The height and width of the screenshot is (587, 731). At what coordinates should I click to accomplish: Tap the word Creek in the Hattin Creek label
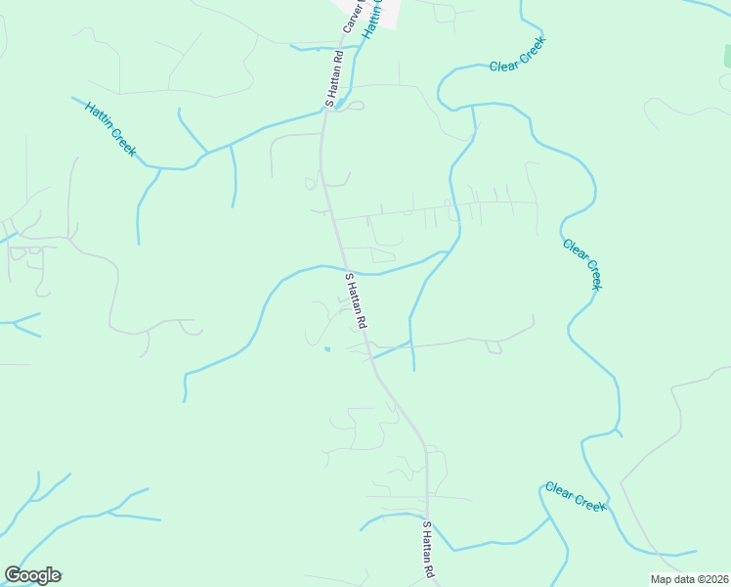pos(124,144)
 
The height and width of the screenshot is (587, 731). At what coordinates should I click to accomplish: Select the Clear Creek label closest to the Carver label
pos(517,55)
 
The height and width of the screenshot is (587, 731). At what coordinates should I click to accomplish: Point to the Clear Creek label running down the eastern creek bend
pos(582,263)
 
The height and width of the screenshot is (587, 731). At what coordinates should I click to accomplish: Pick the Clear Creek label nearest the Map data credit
pos(576,496)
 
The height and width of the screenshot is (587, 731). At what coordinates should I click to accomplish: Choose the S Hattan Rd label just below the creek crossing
pos(356,300)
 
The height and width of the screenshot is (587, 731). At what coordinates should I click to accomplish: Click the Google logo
pos(32,575)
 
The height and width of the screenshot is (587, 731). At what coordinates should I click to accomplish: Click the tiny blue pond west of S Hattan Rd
pos(327,348)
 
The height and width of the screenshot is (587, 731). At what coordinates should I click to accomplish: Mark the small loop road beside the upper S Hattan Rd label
pos(355,106)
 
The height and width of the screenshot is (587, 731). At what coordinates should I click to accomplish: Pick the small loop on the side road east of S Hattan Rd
pos(494,347)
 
